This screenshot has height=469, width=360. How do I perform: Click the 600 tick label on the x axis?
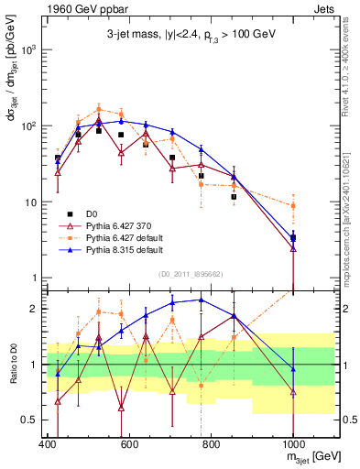(x=129, y=446)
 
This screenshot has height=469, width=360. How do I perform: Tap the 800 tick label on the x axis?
(x=212, y=446)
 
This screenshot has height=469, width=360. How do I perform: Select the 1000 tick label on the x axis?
(x=293, y=446)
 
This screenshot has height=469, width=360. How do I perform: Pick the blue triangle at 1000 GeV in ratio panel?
(x=293, y=369)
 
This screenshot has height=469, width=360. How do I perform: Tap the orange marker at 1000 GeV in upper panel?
(x=293, y=206)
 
